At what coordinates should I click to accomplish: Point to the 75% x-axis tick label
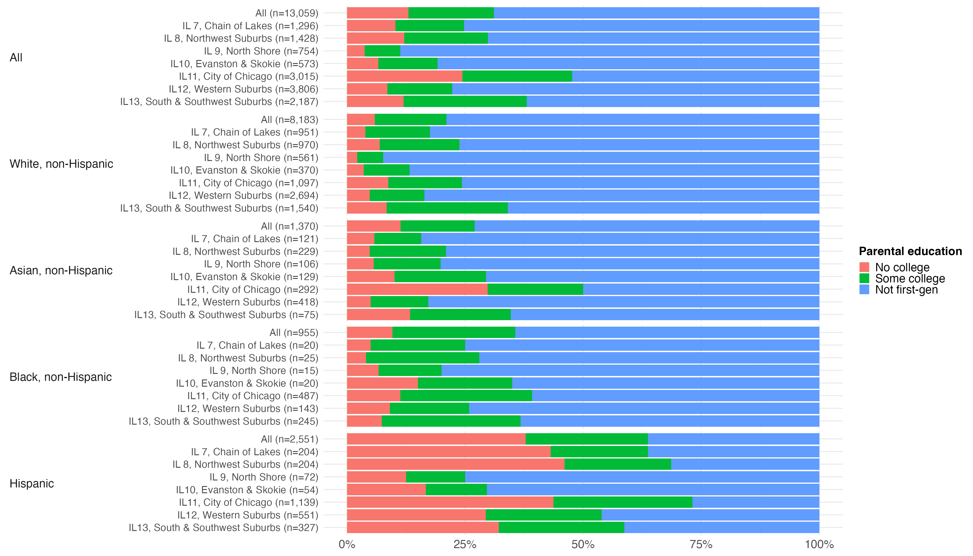[x=701, y=544]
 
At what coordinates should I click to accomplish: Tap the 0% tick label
[x=347, y=544]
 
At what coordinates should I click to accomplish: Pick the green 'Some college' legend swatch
[x=864, y=278]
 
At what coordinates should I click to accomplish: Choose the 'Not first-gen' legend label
[x=906, y=290]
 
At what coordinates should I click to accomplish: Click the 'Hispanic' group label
[x=32, y=483]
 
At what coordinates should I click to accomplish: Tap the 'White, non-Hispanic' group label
[x=61, y=164]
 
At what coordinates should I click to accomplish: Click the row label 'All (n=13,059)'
[x=286, y=13]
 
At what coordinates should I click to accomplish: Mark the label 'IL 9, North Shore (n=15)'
[x=263, y=370]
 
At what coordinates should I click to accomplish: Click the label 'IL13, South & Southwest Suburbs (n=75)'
[x=226, y=315]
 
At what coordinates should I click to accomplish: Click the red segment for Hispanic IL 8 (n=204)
[x=455, y=464]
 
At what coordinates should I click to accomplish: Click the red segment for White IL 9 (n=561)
[x=352, y=157]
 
